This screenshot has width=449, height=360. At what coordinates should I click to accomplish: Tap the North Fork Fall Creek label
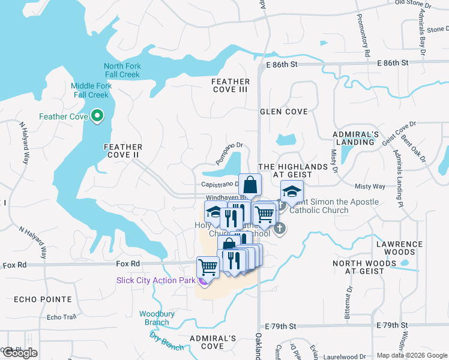coord(121,70)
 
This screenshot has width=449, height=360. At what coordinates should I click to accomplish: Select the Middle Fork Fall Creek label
coord(91,91)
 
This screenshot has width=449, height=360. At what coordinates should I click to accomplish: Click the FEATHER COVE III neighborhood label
coord(231,85)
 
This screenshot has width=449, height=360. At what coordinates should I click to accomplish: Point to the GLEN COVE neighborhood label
coord(283,112)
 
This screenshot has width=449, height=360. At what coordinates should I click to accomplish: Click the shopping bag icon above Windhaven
coord(250,184)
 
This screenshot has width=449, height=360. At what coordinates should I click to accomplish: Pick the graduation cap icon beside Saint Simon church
coord(291,191)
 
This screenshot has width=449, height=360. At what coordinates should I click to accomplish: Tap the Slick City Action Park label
coord(155,280)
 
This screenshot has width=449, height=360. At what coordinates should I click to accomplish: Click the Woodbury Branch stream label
coord(154,318)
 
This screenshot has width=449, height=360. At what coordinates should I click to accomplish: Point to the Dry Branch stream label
coord(166,341)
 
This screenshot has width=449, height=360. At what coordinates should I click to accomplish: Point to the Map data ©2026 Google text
coord(412,355)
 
